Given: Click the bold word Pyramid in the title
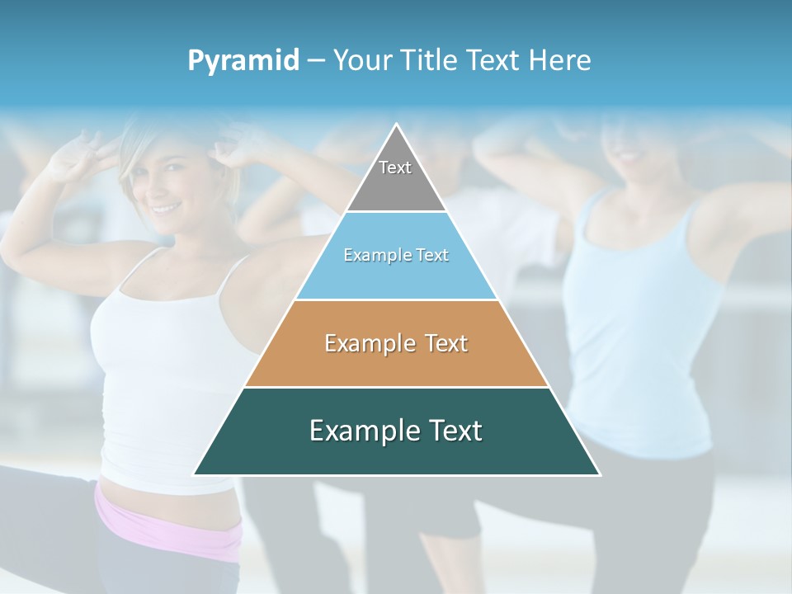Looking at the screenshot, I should click(243, 61).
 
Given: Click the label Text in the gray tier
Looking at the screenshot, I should click(395, 167).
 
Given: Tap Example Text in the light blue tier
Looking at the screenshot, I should click(396, 255).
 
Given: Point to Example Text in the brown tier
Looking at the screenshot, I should click(396, 343).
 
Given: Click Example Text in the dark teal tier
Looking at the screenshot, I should click(396, 431).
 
